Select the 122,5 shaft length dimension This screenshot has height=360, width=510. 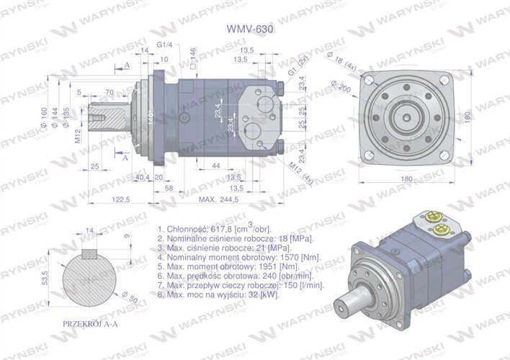(x=120, y=199)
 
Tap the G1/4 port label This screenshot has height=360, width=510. (x=164, y=45)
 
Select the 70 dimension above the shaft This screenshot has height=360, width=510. (x=109, y=92)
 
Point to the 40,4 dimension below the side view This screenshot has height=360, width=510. (x=143, y=177)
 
